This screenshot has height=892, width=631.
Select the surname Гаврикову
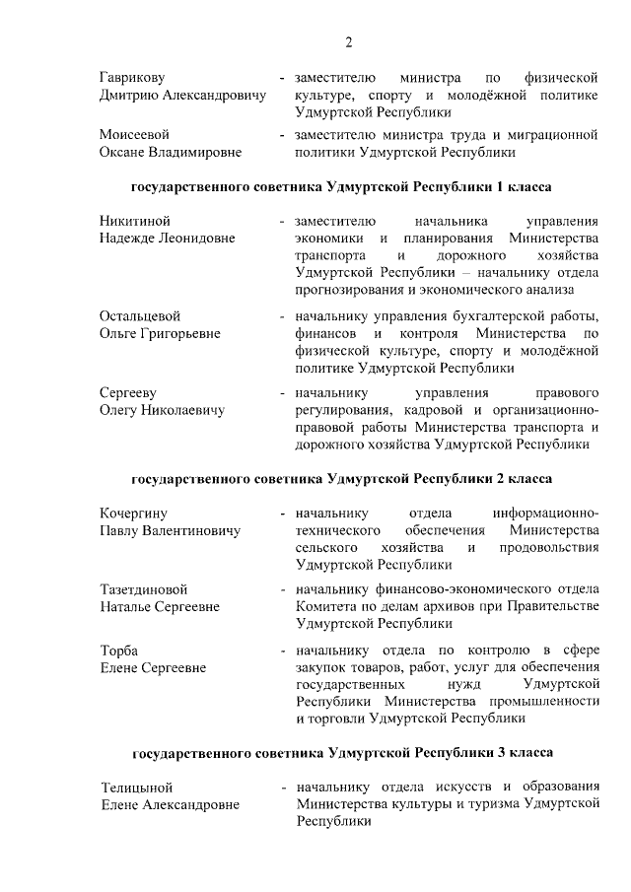[132, 77]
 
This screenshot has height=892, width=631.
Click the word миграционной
[555, 134]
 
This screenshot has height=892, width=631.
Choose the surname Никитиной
[135, 221]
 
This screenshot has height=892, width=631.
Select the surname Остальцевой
[140, 315]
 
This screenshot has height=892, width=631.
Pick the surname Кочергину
[134, 513]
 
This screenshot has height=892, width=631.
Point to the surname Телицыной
[137, 788]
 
